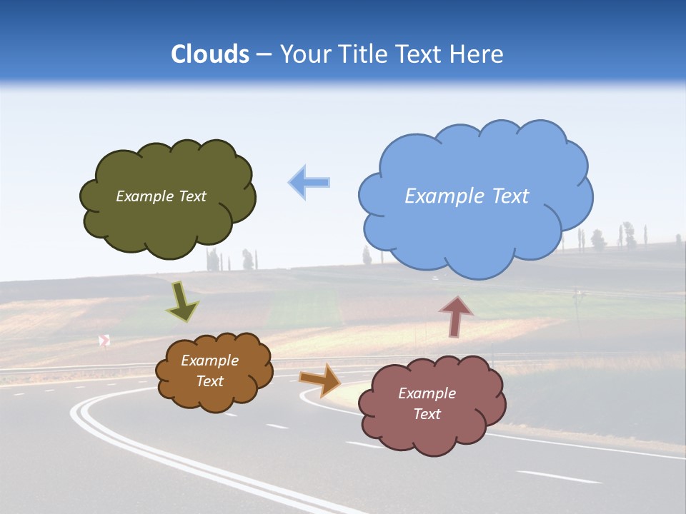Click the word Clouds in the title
point(210,54)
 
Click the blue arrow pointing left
point(309,182)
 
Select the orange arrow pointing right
point(320,379)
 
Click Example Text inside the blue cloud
point(467,196)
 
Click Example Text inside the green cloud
point(161,196)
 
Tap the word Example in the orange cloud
point(209,361)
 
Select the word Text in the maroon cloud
point(427,414)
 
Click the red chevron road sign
point(104,341)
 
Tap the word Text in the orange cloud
point(209,381)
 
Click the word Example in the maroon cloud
point(427,393)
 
